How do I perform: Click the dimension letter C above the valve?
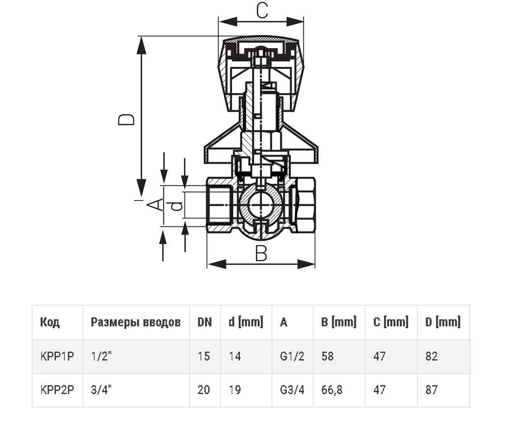[x=262, y=11]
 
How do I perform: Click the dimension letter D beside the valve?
[x=126, y=120]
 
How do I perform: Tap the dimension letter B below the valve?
[x=261, y=253]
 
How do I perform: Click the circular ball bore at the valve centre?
[x=260, y=205]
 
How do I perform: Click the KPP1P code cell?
[x=57, y=357]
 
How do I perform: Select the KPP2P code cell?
[x=57, y=390]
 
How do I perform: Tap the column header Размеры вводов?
[x=136, y=322]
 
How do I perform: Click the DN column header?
[x=204, y=322]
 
